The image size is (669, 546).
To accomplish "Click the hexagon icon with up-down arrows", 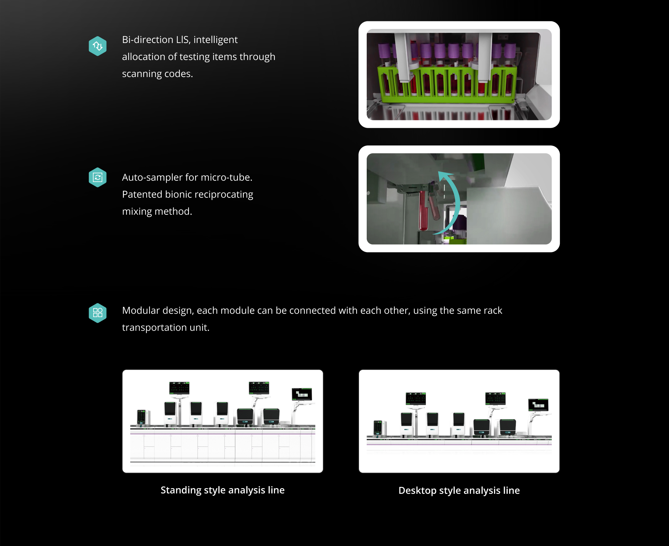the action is pyautogui.click(x=98, y=46).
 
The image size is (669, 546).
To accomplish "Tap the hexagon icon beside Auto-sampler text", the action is pyautogui.click(x=98, y=177).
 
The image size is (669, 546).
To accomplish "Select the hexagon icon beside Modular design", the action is pyautogui.click(x=98, y=313).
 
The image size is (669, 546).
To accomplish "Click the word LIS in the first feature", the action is pyautogui.click(x=182, y=40).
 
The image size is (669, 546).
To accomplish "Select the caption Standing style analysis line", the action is pyautogui.click(x=223, y=490).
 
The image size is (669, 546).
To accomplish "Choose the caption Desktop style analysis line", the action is pyautogui.click(x=459, y=490).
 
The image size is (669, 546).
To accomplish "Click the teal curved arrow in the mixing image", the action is pyautogui.click(x=455, y=201).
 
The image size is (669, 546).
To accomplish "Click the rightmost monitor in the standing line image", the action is pyautogui.click(x=302, y=394).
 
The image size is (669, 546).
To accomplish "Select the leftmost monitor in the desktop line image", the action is pyautogui.click(x=416, y=398).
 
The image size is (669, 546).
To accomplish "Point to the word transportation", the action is pyautogui.click(x=155, y=327).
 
